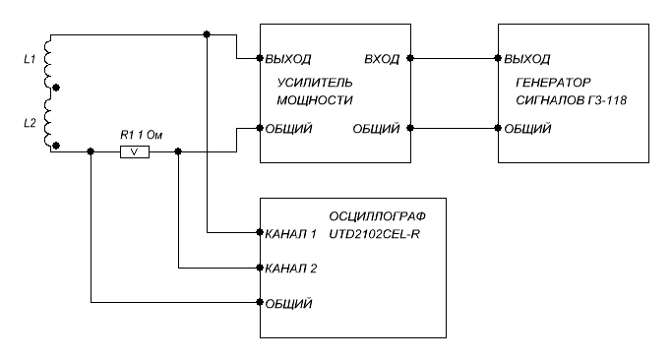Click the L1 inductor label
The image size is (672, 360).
pos(30,60)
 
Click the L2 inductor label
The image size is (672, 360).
pos(30,123)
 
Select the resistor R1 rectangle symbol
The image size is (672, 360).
pos(135,151)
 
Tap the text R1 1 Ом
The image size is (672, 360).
pos(141,136)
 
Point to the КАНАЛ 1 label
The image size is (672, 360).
pos(291,234)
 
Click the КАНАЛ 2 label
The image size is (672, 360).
pos(291,269)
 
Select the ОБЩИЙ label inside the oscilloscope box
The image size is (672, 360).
pos(288,303)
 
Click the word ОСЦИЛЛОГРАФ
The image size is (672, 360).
pos(377,216)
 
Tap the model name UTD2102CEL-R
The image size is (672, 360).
pos(374,234)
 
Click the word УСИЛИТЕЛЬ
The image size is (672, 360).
pos(315,83)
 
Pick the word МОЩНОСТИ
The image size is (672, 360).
pos(315,100)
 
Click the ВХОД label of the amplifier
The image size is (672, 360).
pos(382,59)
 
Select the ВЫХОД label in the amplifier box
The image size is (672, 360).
pos(288,59)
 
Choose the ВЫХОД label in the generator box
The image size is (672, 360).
pos(527,59)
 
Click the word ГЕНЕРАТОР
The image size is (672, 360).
pos(553,83)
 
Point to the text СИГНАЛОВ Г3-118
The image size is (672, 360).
pos(572,100)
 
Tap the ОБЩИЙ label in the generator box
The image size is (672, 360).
pos(527,129)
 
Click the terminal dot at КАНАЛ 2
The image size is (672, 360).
pos(260,268)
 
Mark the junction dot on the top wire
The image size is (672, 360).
pos(207,34)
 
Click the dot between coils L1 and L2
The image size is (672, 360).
pos(56,88)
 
